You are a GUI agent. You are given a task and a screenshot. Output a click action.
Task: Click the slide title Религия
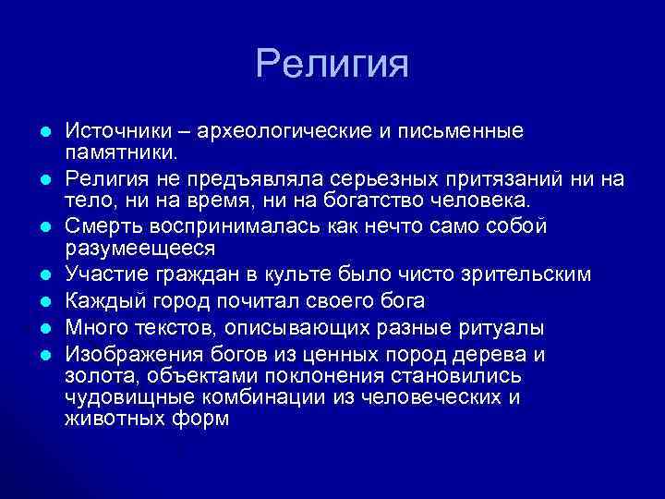tap(332, 65)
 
